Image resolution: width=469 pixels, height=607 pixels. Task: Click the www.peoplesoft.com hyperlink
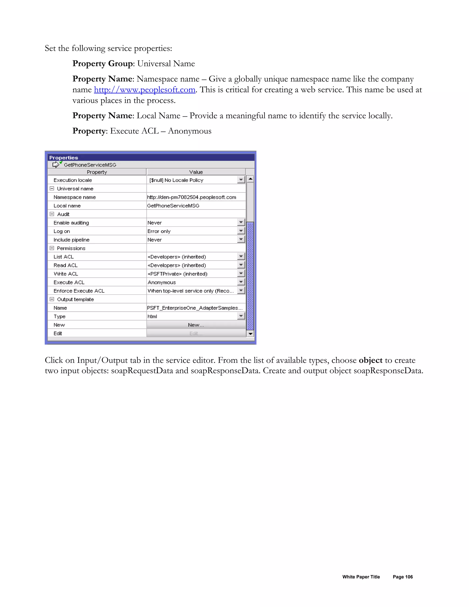coord(145,90)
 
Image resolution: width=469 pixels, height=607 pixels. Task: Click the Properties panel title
coord(64,158)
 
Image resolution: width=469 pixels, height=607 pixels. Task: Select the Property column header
coord(97,172)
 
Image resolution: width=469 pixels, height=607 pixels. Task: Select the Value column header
coord(196,172)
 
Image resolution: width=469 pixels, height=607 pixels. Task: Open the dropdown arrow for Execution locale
coord(241,180)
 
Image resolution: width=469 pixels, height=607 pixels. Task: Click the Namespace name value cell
coord(191,197)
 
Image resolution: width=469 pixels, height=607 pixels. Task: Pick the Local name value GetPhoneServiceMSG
coord(173,206)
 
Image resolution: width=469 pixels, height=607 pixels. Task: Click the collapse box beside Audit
coord(52,214)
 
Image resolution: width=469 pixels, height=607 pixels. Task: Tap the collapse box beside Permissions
coord(52,248)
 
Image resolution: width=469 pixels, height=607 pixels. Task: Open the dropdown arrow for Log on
coord(241,231)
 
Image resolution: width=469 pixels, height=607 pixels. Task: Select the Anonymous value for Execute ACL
coord(162,282)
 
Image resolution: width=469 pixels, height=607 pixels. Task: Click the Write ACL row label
coord(66,274)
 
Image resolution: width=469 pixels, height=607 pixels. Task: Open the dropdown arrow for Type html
coord(241,316)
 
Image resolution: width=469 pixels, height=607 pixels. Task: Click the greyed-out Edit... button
coord(196,333)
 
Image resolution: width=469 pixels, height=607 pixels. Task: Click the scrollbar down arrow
coord(250,334)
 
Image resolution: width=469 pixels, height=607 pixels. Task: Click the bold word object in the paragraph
coord(370,360)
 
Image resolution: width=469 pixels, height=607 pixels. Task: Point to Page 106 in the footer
coord(403,577)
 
